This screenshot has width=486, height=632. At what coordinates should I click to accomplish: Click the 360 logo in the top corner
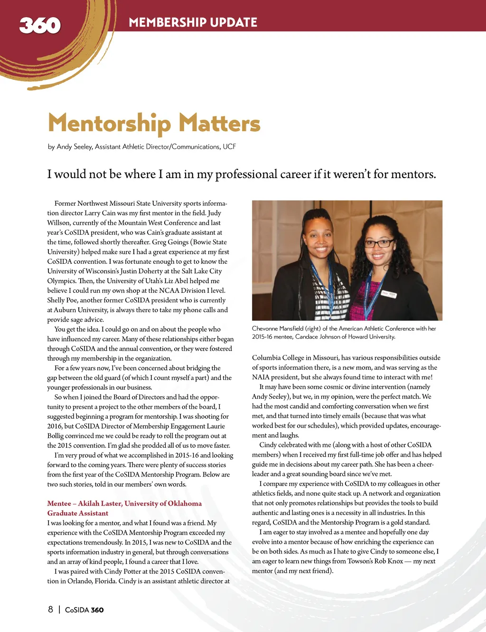coord(40,25)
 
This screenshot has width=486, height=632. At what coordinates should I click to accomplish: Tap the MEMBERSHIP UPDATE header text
coord(193,22)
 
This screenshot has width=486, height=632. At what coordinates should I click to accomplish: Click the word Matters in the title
coord(219,124)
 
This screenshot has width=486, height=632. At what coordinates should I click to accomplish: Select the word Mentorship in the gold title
coord(109,124)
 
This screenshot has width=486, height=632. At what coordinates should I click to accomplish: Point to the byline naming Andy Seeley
coord(141,147)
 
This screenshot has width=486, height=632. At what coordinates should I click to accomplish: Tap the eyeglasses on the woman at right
coord(378,243)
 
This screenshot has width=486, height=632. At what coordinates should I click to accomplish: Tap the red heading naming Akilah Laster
coord(124,504)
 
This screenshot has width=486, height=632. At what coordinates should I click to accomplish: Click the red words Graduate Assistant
coord(78,513)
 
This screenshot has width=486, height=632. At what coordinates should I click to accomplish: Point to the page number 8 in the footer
coord(50,610)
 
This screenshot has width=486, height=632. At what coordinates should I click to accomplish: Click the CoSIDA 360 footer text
coord(84,610)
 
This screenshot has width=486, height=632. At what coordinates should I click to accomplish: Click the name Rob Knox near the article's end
coord(389,561)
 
